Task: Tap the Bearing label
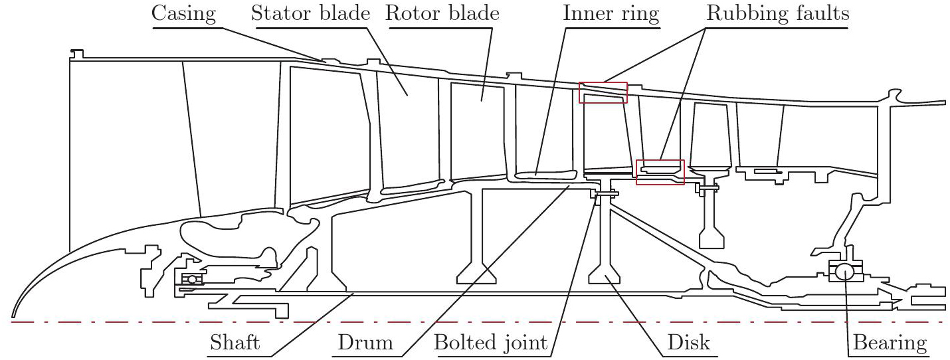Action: click(x=888, y=343)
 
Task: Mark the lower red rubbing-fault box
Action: click(x=660, y=172)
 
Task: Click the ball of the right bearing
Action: click(x=844, y=271)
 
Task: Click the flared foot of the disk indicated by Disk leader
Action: click(x=605, y=273)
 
